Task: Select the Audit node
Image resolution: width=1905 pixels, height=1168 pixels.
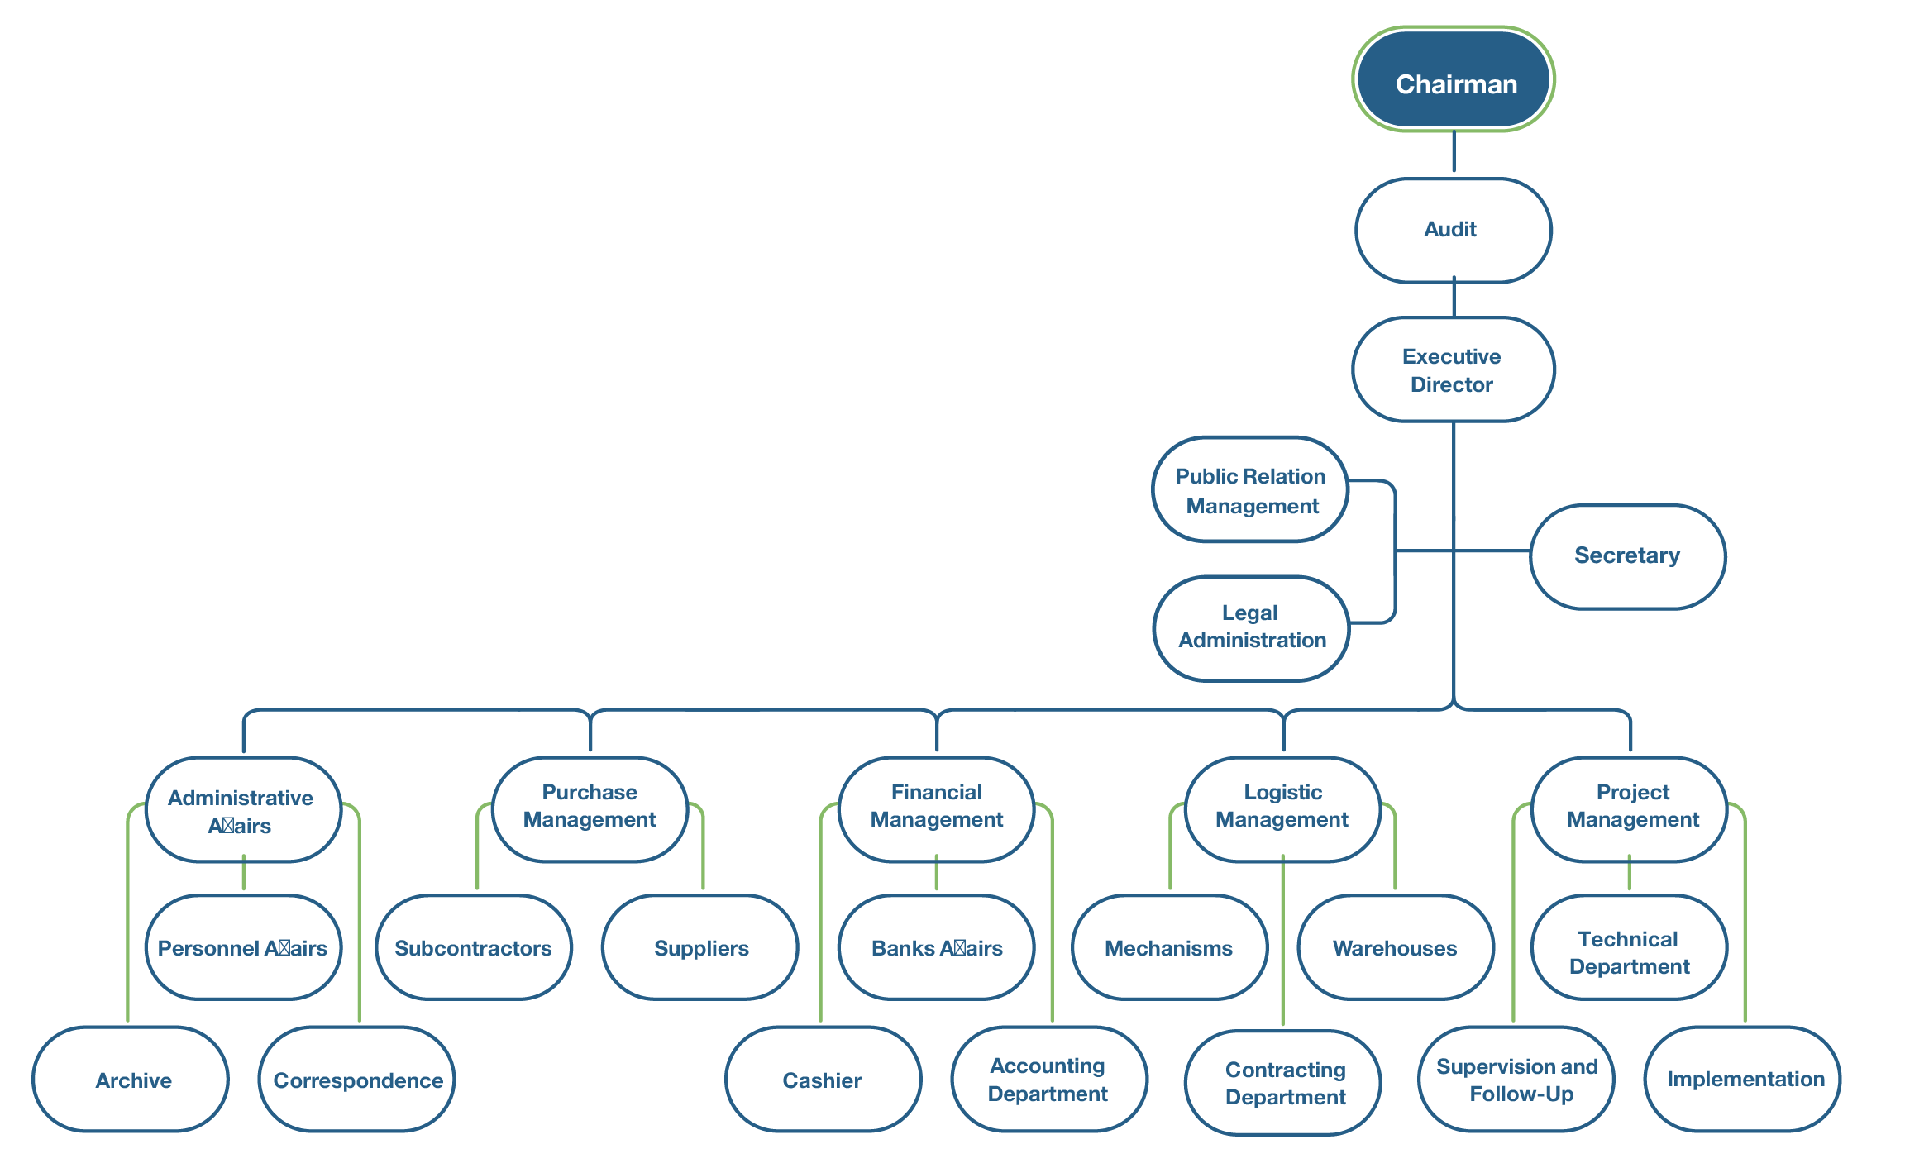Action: pyautogui.click(x=1453, y=230)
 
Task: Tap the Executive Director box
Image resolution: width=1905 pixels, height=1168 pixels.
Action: pyautogui.click(x=1453, y=369)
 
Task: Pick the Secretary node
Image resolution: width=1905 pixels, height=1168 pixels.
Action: pyautogui.click(x=1627, y=556)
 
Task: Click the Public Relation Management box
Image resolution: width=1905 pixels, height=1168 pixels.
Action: pyautogui.click(x=1250, y=489)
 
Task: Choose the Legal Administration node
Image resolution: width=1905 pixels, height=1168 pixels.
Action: pyautogui.click(x=1251, y=627)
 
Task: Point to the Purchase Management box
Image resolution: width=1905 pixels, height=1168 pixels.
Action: pyautogui.click(x=590, y=808)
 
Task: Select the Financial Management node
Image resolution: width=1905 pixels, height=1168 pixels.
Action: pyautogui.click(x=936, y=808)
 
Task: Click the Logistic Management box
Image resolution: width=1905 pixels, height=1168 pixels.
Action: pyautogui.click(x=1282, y=808)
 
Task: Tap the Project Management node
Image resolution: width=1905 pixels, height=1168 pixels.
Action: pyautogui.click(x=1630, y=808)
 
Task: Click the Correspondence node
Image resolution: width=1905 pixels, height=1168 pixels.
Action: pyautogui.click(x=357, y=1080)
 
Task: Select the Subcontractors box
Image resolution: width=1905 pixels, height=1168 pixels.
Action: pyautogui.click(x=473, y=947)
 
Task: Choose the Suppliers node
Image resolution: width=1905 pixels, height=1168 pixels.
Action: pyautogui.click(x=700, y=947)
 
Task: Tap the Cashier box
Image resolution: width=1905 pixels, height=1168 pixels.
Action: pyautogui.click(x=823, y=1080)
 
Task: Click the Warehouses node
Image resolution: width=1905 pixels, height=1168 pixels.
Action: pyautogui.click(x=1395, y=947)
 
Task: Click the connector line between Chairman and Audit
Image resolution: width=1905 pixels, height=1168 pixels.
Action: pyautogui.click(x=1454, y=152)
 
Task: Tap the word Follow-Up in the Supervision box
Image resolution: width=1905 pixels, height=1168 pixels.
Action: pyautogui.click(x=1521, y=1094)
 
